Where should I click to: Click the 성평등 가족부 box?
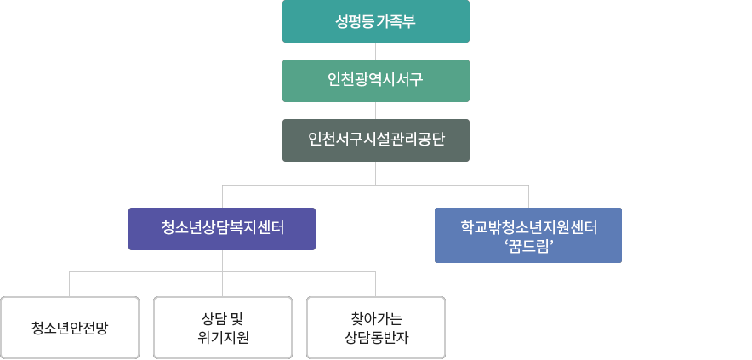click(x=375, y=21)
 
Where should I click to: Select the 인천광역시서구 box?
click(x=375, y=81)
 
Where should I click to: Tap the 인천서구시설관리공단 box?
click(x=375, y=140)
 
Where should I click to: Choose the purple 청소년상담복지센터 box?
click(x=222, y=229)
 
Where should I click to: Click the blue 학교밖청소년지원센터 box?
click(x=528, y=235)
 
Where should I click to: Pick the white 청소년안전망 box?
click(x=70, y=328)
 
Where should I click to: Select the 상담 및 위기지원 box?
click(x=223, y=328)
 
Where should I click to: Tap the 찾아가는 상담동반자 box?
click(x=375, y=328)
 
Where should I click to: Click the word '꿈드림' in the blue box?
click(x=528, y=246)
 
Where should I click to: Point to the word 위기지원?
click(x=223, y=337)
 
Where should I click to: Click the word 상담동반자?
click(x=375, y=337)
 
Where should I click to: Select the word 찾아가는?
click(x=375, y=319)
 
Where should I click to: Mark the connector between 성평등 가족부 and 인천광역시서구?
click(x=375, y=51)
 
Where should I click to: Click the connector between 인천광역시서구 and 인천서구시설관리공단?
click(x=375, y=111)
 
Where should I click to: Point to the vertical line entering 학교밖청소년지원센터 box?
click(x=528, y=196)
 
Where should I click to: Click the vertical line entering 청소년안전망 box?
click(x=70, y=284)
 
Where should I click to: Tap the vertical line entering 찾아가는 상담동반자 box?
click(x=375, y=284)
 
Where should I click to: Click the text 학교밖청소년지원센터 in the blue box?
click(x=528, y=227)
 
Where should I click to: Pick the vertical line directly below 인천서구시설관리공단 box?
click(x=375, y=173)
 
